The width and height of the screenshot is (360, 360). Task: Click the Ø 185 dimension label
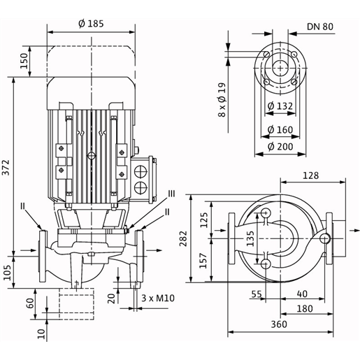coord(91,24)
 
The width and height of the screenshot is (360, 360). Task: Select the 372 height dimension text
coord(6,167)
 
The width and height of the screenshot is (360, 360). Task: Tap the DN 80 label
coord(320,27)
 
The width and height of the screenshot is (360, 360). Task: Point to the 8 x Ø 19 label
coord(222,100)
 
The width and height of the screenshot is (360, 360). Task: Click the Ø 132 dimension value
coord(280,106)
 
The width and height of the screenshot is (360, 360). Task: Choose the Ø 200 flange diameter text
coord(280,147)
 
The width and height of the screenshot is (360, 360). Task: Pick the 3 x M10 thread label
coord(158,298)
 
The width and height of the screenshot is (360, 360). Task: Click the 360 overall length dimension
coord(279,324)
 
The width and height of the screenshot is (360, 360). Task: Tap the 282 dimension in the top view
coord(183,238)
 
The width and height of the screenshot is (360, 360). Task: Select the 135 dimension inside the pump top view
coord(250,238)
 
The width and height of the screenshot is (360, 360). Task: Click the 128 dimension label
coord(310,175)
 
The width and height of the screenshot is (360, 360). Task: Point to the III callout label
coord(172,194)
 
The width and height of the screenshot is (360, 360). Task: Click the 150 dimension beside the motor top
coord(24,61)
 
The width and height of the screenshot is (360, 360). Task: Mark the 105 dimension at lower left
coord(7,273)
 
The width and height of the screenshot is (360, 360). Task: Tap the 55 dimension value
coord(257,294)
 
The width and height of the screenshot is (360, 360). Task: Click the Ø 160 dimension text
coord(280,130)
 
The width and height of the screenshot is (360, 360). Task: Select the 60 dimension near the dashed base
coord(31,303)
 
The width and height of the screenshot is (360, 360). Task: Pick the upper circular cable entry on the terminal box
coord(141,171)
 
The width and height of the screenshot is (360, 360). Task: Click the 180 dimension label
coord(305,309)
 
